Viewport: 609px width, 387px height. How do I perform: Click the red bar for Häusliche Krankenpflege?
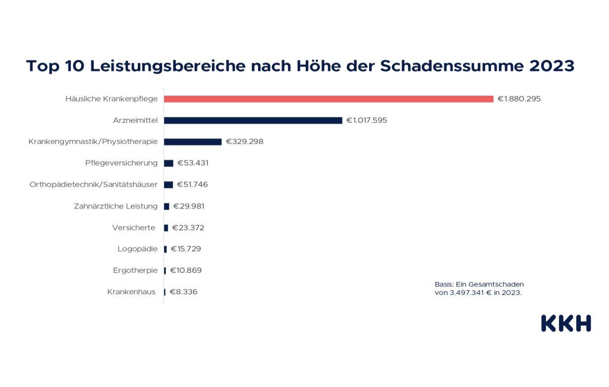(329, 99)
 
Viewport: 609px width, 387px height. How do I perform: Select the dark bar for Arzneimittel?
(253, 120)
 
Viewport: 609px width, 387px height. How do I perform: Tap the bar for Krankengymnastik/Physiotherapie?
(193, 142)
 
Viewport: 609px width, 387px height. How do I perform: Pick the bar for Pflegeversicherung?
(168, 163)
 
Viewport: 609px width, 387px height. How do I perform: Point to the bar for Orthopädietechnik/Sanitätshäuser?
(168, 184)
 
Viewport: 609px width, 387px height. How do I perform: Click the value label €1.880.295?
(519, 99)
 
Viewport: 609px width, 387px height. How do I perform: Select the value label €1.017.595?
(367, 120)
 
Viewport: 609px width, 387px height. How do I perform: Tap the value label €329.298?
(245, 142)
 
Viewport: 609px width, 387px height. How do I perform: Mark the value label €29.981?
(188, 206)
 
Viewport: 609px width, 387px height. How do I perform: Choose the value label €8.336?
(183, 292)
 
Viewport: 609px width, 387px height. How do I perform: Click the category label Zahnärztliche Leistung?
(115, 206)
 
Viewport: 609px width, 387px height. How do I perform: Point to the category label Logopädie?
(137, 249)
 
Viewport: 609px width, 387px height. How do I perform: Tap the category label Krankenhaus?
(131, 292)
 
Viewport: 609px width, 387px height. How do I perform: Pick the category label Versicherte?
(134, 227)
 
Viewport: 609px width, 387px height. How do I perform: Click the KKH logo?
(566, 323)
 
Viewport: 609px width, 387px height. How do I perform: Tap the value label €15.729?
(186, 249)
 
